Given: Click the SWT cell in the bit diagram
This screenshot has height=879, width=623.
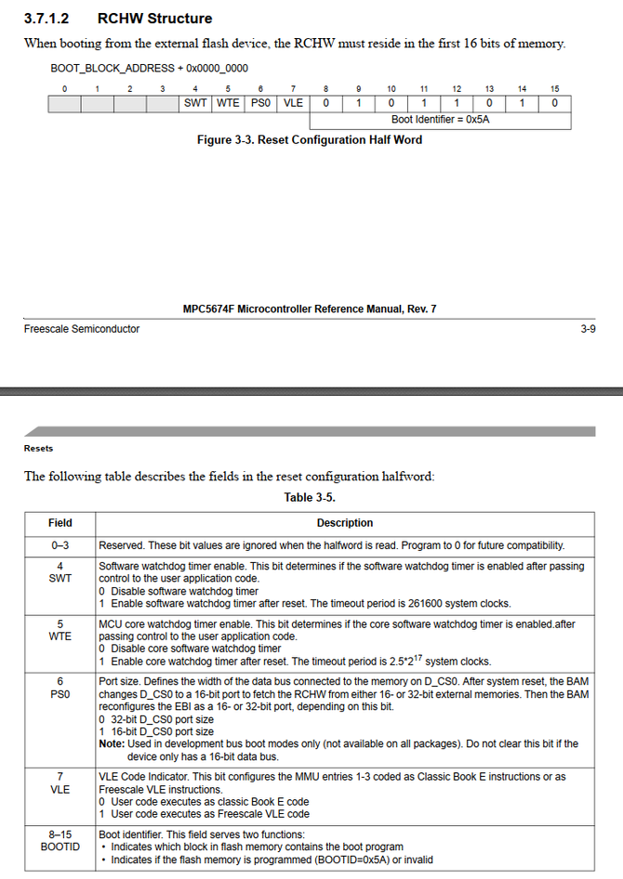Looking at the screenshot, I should point(195,103).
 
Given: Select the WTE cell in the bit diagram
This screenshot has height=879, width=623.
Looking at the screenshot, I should point(228,103).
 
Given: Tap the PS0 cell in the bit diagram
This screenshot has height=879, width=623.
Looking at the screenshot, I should point(260,103).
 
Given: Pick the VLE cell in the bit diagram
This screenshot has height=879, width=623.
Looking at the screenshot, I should point(293,103).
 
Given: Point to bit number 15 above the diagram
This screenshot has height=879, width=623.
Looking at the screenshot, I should point(554,88).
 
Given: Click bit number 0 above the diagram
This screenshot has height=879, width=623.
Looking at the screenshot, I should point(64,88).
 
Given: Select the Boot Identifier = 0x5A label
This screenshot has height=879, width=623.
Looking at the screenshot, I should point(440,120).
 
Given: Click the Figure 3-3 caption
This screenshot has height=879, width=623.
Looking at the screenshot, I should point(310,140).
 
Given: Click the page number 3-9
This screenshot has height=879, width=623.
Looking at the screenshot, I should point(588,329).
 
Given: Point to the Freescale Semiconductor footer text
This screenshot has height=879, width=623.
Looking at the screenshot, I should point(82,329).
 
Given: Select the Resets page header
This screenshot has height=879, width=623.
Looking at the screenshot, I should point(38,449).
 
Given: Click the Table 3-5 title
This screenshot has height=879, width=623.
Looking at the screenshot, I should point(310,497).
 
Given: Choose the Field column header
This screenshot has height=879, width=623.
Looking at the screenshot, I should point(60,523).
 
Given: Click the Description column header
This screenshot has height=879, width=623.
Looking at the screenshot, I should point(344,523).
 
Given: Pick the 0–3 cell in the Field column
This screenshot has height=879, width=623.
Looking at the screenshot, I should point(60,545).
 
